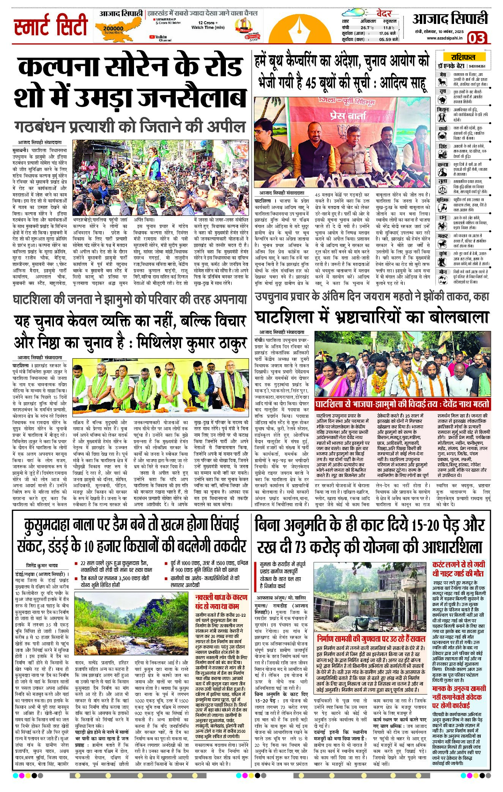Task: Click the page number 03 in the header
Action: point(476,38)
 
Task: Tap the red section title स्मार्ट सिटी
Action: point(50,25)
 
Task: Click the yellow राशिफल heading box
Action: point(463,57)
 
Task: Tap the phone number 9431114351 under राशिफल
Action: point(477,66)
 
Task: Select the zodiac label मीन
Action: point(443,272)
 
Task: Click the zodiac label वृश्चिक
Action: point(443,200)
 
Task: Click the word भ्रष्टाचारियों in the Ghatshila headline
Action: point(383,317)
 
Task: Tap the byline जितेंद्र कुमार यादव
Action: point(42,565)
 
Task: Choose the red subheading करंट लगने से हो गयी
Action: point(459,564)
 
